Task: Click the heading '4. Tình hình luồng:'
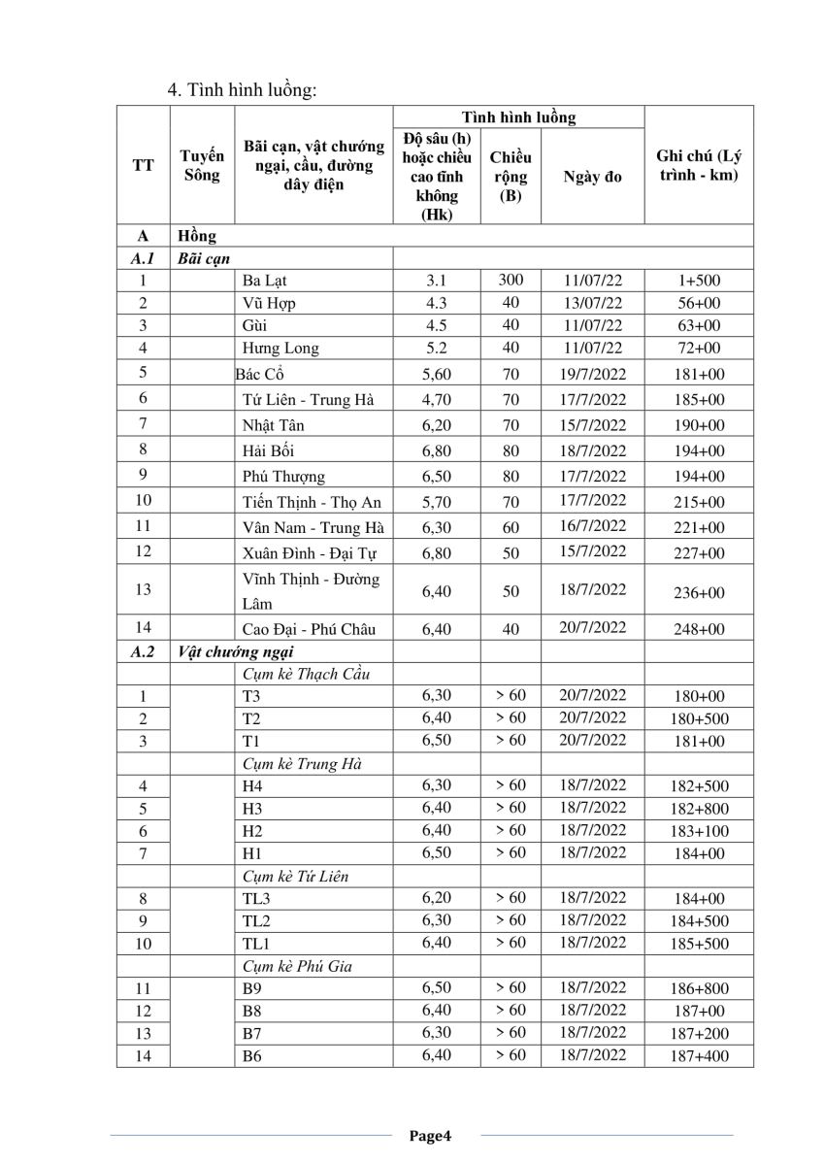244,90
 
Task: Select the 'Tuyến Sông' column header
202,165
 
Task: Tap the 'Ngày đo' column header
592,176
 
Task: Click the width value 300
511,280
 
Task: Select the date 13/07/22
592,303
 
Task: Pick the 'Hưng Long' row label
280,348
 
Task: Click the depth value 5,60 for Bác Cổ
437,374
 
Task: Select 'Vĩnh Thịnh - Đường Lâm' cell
311,591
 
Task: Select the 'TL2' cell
256,920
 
